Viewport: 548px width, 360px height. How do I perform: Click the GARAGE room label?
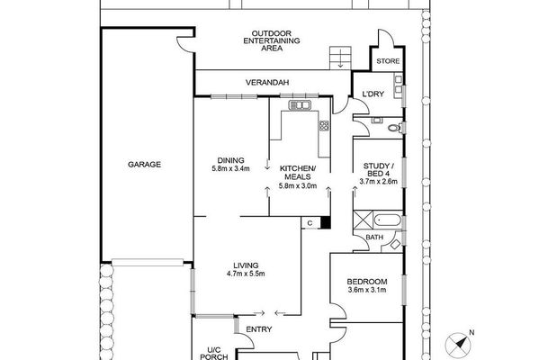pos(144,165)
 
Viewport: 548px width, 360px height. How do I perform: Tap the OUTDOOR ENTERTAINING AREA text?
pos(272,40)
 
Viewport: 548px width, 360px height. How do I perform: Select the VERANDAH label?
pos(267,83)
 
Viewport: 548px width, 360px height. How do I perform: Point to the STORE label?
pos(388,61)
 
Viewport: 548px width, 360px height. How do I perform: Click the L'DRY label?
pos(373,94)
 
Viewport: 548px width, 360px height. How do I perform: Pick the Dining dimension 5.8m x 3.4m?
pos(230,168)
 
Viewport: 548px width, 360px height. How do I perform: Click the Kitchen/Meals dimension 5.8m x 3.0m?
pos(298,186)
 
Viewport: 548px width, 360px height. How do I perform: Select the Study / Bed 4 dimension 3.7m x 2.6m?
pos(379,182)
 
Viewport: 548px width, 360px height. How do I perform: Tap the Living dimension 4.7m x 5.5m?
pos(246,274)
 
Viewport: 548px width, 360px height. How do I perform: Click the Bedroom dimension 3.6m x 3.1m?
pos(367,290)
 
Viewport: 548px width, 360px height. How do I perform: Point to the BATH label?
pos(374,238)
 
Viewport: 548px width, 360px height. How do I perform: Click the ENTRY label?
pos(259,329)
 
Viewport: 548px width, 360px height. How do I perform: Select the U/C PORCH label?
pos(214,354)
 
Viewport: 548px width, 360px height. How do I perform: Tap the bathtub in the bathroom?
pos(388,220)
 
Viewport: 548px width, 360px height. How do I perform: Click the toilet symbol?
pos(396,128)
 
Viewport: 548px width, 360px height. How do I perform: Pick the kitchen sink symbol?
pos(300,105)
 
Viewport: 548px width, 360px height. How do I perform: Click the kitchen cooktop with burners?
pos(324,125)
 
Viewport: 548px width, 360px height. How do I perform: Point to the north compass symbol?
pos(459,343)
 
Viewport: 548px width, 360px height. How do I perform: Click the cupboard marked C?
pos(310,223)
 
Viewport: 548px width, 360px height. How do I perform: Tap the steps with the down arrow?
pos(340,58)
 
